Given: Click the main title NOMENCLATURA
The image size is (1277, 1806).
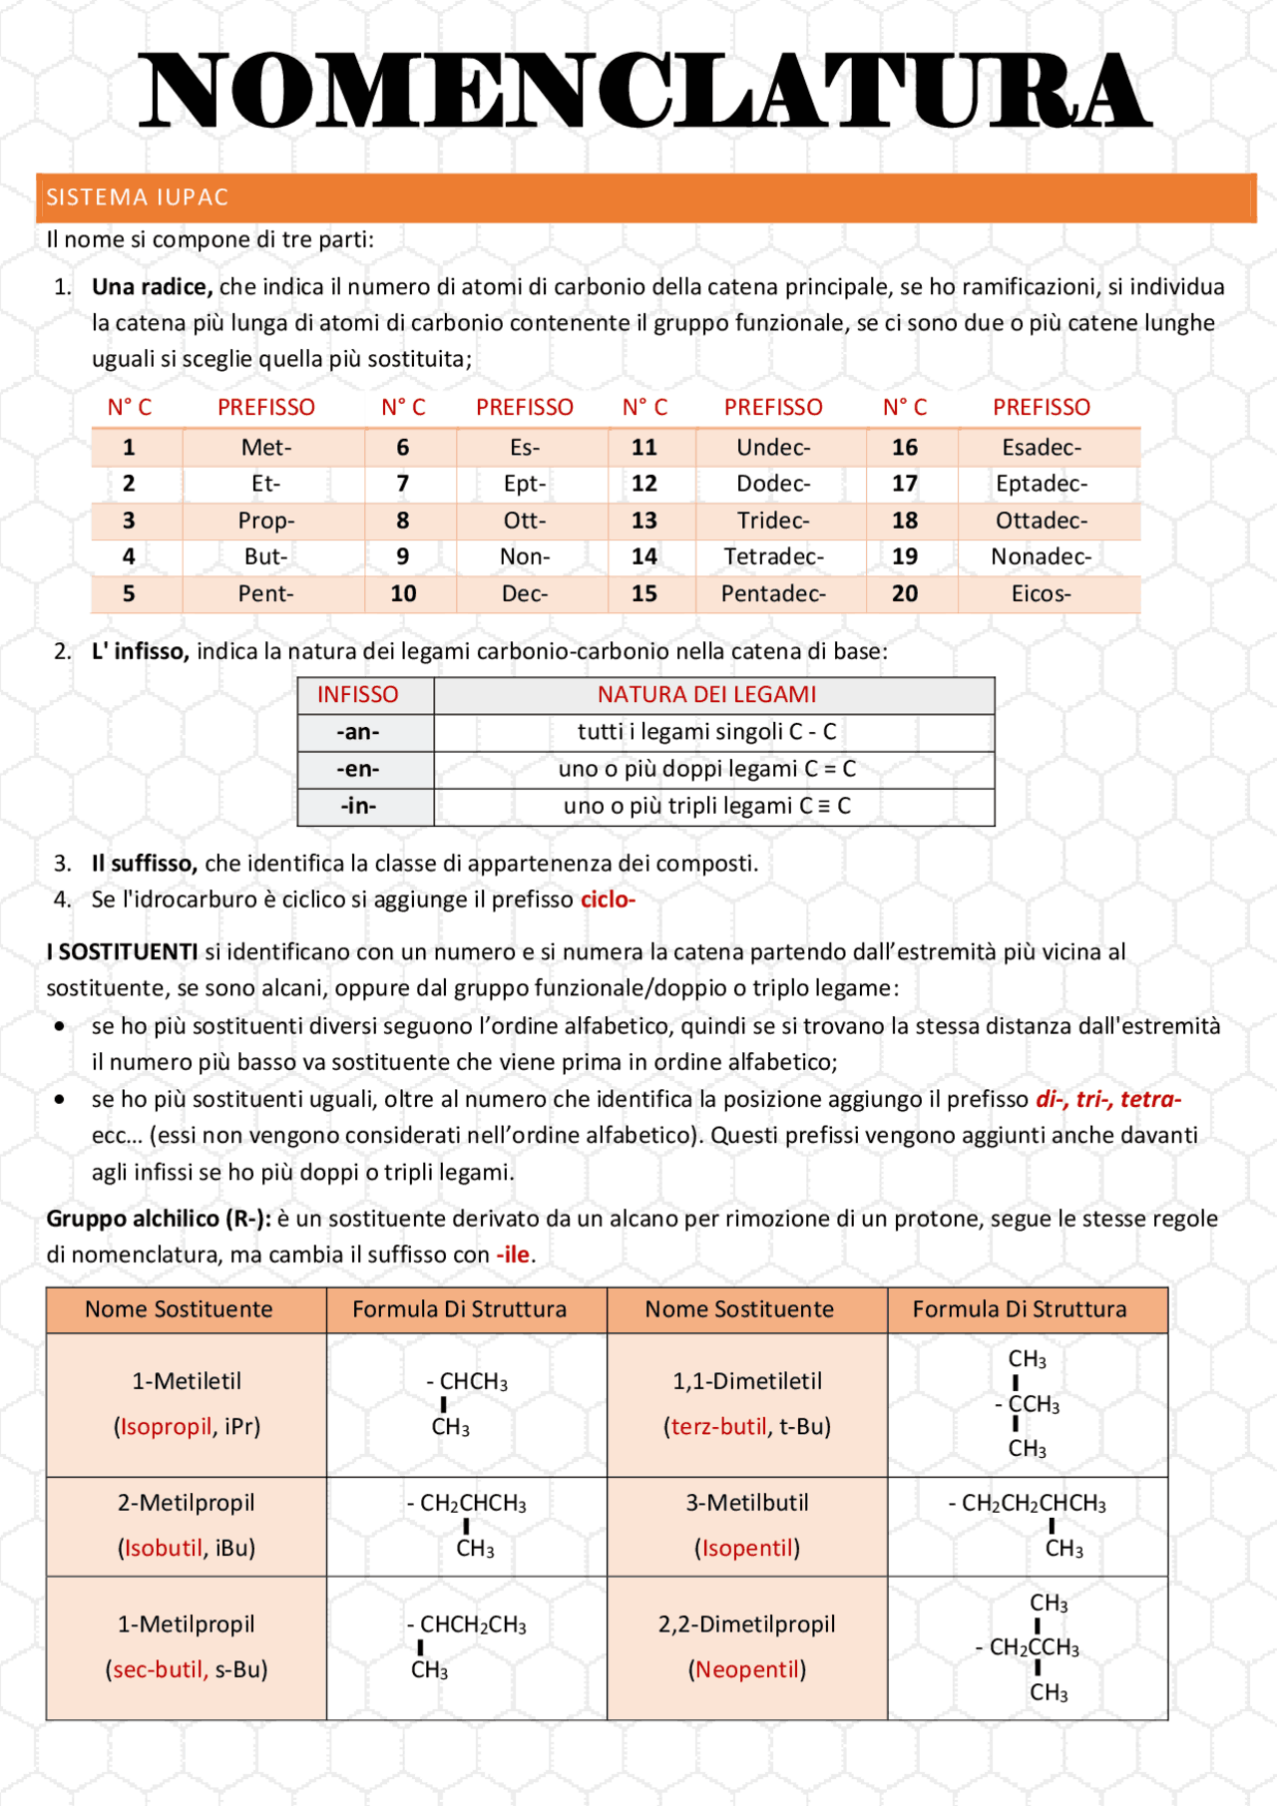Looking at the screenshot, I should tap(643, 92).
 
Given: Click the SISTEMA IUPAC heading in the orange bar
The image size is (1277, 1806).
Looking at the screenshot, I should tap(138, 197).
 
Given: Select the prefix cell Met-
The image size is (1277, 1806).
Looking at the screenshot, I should tap(266, 448).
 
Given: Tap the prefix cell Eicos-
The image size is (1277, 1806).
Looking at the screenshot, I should tap(1041, 594).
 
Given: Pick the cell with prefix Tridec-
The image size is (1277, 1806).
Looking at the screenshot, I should tap(773, 521).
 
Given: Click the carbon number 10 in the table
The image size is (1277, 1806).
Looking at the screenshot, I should tap(403, 594).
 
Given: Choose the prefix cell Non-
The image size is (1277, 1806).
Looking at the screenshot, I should tap(525, 557).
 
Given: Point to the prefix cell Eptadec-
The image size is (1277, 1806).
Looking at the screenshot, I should tap(1041, 485).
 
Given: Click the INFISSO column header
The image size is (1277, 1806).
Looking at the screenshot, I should tap(357, 695).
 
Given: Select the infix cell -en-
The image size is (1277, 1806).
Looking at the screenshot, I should tap(358, 769).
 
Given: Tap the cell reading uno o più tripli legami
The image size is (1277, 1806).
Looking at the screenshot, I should tap(706, 806).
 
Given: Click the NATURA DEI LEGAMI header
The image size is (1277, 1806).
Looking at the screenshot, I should tap(706, 695).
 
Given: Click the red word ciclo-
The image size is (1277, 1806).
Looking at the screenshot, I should tap(608, 900).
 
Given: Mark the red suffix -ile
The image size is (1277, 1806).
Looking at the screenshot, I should tap(513, 1255).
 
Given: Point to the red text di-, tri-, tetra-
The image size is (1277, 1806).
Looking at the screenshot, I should tap(1107, 1099).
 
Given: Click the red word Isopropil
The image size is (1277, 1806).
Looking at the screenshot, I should tap(166, 1427).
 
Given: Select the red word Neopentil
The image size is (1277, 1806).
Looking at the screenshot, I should tap(747, 1669).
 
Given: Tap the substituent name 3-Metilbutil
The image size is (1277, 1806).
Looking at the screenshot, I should tap(746, 1503).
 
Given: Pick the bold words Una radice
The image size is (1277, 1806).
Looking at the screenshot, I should tap(152, 287).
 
